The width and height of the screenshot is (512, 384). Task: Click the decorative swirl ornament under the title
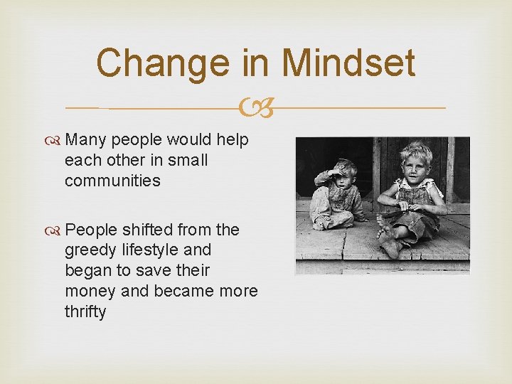click(255, 108)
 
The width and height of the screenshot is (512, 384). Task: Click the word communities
click(112, 181)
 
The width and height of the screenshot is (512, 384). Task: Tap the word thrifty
click(85, 311)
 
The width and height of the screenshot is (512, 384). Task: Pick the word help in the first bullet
click(233, 140)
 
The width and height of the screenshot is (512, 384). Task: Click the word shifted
click(146, 230)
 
